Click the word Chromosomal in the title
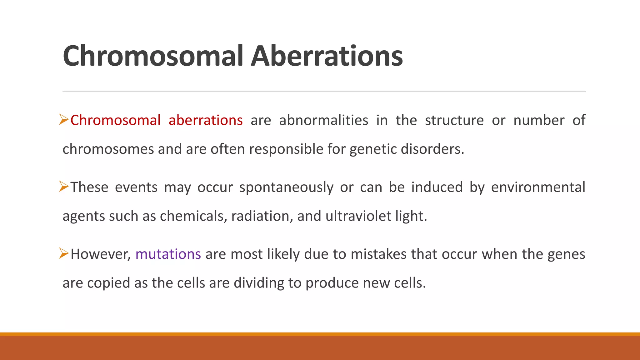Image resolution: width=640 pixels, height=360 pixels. (x=152, y=56)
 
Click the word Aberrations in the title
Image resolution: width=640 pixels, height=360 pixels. (x=327, y=56)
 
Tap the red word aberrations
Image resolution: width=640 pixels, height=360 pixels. (x=205, y=120)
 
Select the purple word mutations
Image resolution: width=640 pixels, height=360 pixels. (x=168, y=254)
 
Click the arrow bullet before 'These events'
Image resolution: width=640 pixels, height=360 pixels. (x=64, y=187)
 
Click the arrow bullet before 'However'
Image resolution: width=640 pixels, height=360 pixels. (x=64, y=253)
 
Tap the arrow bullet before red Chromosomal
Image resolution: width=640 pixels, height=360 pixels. (x=64, y=120)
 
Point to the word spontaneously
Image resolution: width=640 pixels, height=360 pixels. (x=286, y=187)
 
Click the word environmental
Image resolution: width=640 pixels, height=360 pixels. (x=538, y=187)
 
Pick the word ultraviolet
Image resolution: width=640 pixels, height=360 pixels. (x=358, y=216)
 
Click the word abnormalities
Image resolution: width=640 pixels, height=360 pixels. (x=323, y=120)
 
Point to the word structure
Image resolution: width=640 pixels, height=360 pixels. (x=454, y=120)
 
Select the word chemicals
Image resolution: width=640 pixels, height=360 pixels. (x=193, y=216)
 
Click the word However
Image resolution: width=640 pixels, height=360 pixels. (x=100, y=254)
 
